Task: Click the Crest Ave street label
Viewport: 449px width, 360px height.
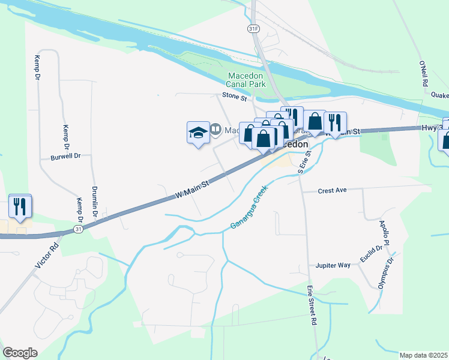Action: point(333,190)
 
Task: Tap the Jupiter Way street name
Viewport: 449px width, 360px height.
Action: point(333,265)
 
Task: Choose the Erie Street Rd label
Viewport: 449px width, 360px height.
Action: point(312,305)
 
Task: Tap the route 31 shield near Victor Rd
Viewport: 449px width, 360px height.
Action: point(79,229)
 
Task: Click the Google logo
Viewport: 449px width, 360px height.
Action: point(20,353)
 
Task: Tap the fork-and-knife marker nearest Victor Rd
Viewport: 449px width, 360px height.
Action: point(20,206)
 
